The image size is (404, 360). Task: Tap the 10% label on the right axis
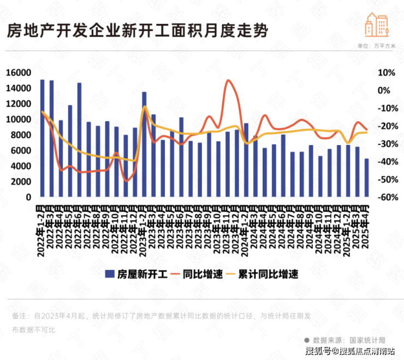coord(379,73)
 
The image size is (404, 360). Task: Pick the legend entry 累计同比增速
coord(267,274)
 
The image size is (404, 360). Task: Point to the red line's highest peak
coord(228,81)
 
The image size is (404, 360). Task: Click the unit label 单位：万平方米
coord(376,47)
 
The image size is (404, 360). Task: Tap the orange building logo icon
coord(377,26)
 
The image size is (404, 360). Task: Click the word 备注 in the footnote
coord(19,316)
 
